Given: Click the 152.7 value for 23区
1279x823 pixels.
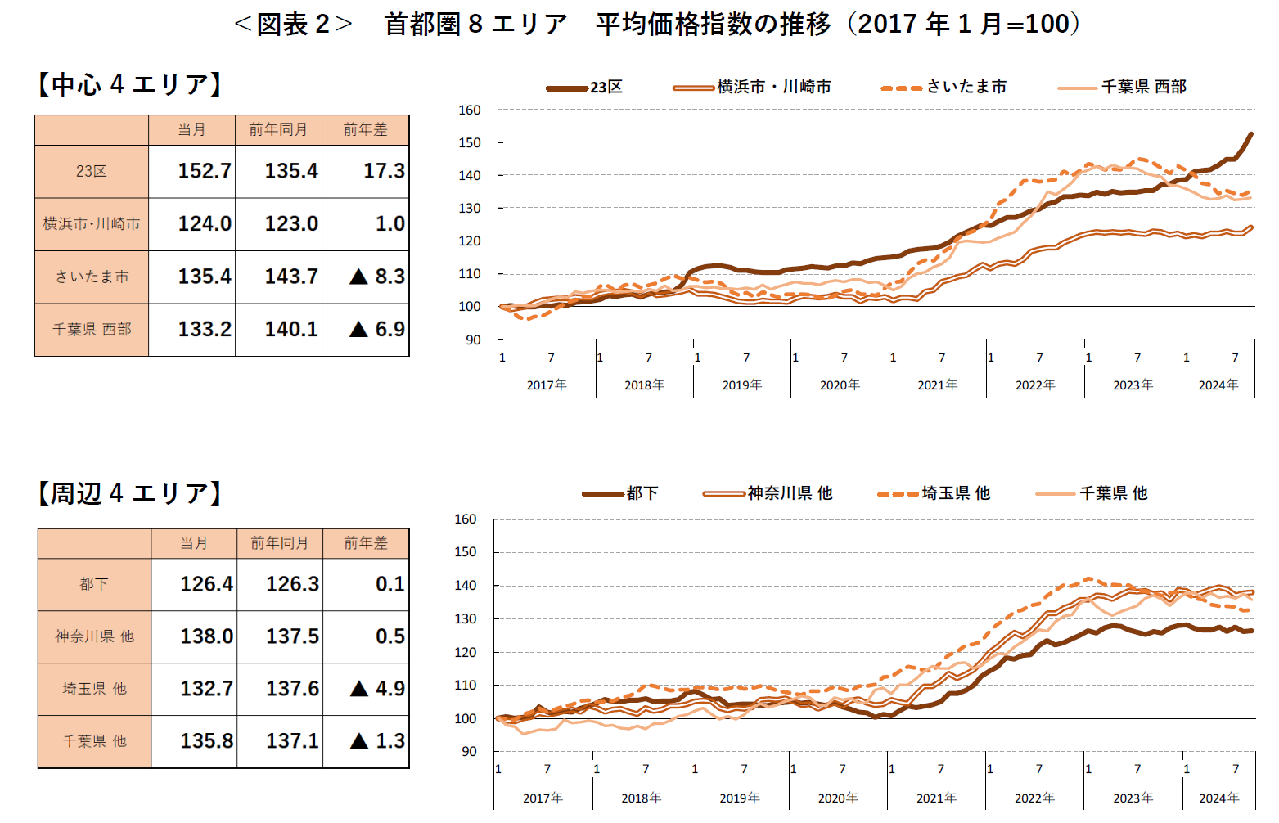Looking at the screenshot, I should tap(205, 171).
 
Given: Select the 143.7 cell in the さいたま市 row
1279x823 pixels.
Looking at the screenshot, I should tap(290, 277).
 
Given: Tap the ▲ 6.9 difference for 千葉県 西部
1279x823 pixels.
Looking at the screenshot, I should tap(377, 329).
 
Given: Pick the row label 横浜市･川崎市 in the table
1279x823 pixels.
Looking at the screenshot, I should tap(92, 223).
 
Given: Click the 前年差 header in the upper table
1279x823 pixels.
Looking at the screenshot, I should tap(365, 130).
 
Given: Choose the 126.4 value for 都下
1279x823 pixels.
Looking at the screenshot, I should tap(206, 584).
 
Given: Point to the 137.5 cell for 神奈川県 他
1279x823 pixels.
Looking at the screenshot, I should tap(292, 636).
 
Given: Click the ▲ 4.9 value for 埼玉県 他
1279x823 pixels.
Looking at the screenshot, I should tap(377, 689).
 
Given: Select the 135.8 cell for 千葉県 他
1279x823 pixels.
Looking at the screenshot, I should tap(206, 741).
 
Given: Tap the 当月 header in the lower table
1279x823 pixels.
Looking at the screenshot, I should tap(194, 543).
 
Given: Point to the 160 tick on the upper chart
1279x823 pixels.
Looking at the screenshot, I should tap(470, 110).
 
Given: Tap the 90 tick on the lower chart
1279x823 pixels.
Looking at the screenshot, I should tap(468, 751).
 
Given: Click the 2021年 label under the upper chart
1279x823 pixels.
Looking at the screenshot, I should tap(937, 385).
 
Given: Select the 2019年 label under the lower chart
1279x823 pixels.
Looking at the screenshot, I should tap(739, 798).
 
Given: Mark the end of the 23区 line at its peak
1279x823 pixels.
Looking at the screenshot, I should tap(1250, 133).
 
